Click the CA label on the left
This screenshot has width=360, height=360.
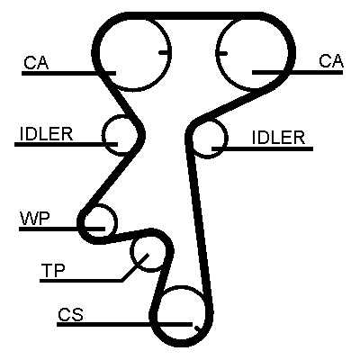tap(36, 62)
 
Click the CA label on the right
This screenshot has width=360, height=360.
tap(331, 61)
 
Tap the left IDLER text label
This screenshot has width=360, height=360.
tap(46, 133)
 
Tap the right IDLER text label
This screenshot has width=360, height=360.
tap(278, 138)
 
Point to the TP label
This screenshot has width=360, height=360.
tap(53, 270)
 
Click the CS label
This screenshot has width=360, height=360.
tap(70, 314)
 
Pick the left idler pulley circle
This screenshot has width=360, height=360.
tap(103, 135)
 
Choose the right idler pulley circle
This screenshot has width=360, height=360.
tap(228, 139)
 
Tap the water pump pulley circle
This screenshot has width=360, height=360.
tap(115, 221)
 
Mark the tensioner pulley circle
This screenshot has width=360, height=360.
tap(131, 254)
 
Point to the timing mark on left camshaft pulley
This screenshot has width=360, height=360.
tap(164, 53)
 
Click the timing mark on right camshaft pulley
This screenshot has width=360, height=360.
tap(222, 54)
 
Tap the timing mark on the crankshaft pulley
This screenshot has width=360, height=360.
tap(197, 328)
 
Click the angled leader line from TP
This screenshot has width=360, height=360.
tap(135, 267)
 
